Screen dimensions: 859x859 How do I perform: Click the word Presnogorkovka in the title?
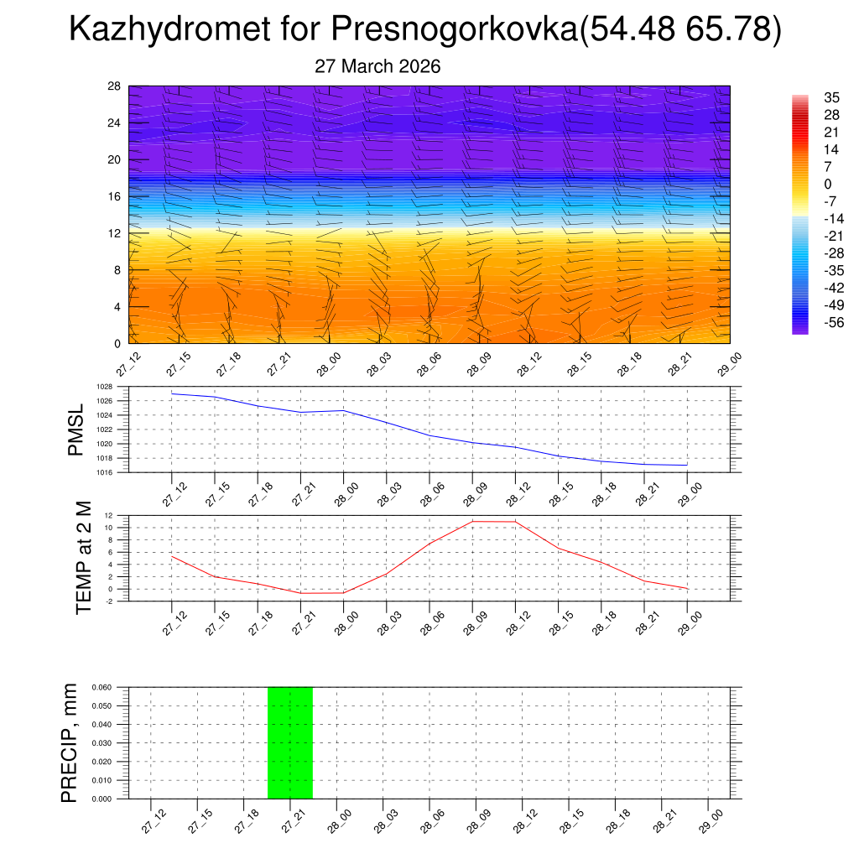point(453,30)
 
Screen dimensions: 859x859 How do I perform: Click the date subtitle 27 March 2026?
point(377,66)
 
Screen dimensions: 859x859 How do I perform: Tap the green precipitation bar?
point(290,742)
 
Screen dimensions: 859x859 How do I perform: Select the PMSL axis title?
point(76,429)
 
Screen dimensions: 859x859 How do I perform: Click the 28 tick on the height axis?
point(115,86)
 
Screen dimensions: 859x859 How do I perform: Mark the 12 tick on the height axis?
point(115,233)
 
